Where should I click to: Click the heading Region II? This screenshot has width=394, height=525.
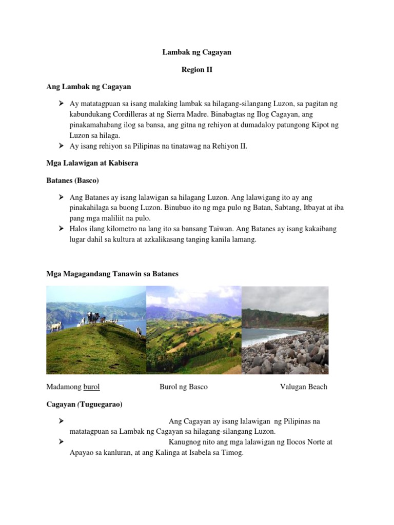(196, 70)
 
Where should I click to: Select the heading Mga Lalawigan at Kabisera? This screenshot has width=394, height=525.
(92, 163)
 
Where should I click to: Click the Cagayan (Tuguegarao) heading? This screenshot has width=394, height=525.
(85, 404)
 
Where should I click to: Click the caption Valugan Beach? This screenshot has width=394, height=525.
(303, 387)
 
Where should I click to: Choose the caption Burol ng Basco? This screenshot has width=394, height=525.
(184, 387)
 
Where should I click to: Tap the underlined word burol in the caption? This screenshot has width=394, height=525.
(91, 387)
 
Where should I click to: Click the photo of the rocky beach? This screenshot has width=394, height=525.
(285, 330)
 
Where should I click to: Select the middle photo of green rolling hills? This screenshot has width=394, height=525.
(193, 330)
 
